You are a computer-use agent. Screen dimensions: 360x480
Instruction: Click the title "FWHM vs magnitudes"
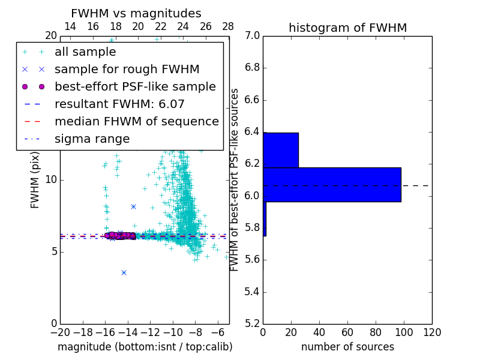(x=136, y=13)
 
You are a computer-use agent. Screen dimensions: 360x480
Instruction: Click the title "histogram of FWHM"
(x=347, y=28)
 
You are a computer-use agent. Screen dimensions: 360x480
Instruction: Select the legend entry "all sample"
(x=85, y=52)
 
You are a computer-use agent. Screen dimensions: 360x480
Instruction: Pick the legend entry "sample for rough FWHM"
(x=127, y=70)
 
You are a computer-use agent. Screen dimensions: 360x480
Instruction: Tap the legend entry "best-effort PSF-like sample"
(x=135, y=86)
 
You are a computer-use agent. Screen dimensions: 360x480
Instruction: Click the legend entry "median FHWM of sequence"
(x=136, y=121)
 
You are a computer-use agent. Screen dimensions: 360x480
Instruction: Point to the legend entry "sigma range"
(x=92, y=139)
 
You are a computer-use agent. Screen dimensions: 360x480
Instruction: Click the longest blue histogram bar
(x=332, y=184)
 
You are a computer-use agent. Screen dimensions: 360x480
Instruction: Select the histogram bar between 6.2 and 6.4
(x=281, y=150)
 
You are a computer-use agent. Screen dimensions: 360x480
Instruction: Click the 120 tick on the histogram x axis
(x=432, y=332)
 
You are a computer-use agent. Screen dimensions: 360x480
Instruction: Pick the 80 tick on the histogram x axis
(x=376, y=332)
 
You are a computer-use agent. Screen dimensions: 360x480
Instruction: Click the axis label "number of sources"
(x=347, y=347)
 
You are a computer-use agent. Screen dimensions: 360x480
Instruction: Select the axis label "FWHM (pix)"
(x=35, y=179)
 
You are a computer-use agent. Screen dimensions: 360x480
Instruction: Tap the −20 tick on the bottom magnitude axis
(x=60, y=332)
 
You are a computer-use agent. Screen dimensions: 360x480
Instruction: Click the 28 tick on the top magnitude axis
(x=228, y=26)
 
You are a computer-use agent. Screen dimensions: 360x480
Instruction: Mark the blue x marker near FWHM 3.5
(x=124, y=272)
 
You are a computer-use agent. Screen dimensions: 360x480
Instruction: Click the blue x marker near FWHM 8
(x=133, y=206)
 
